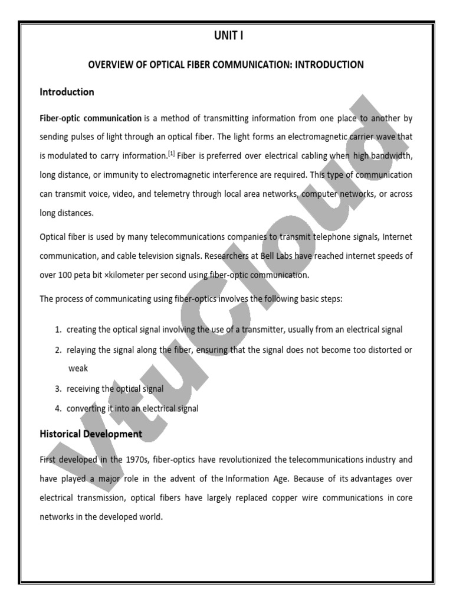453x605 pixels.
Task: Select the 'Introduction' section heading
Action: point(67,92)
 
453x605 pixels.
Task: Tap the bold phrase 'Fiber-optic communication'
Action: point(91,118)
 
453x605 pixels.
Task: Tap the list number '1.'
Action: point(58,329)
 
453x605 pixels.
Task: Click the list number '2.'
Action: point(58,349)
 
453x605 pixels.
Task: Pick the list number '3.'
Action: point(58,389)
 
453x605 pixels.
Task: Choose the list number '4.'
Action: point(58,408)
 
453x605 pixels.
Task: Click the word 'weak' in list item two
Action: point(78,368)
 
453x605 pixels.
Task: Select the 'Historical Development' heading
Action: point(91,434)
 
